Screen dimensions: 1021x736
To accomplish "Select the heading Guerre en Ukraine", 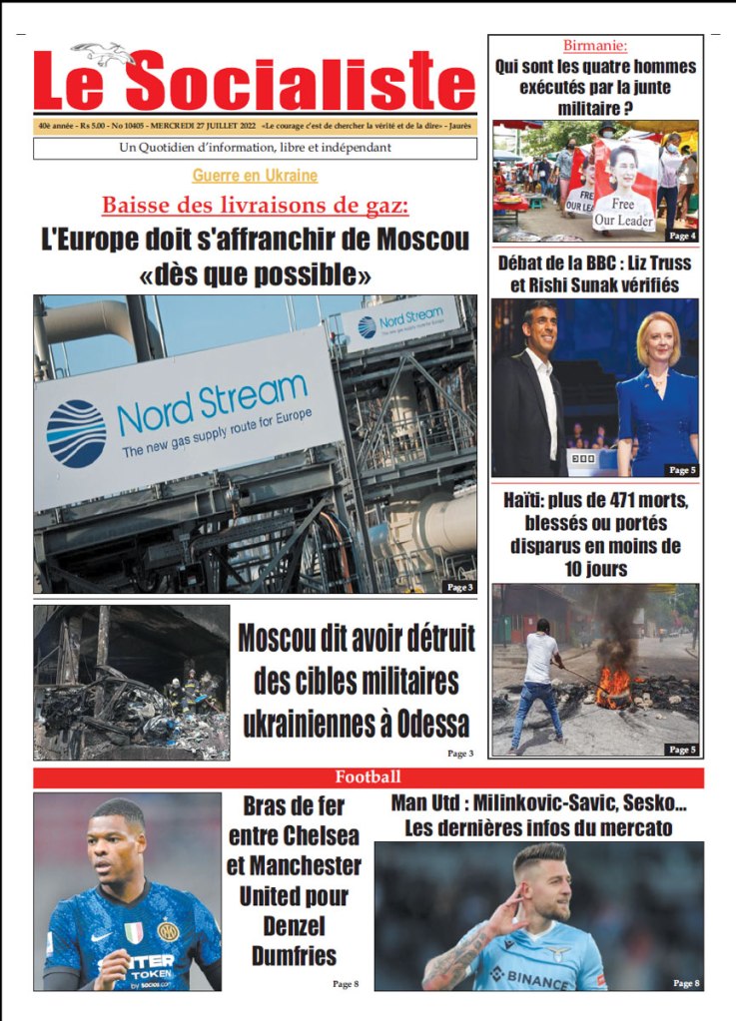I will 255,176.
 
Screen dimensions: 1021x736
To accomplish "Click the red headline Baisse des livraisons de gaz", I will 255,206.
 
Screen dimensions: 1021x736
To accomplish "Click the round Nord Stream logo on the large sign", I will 76,433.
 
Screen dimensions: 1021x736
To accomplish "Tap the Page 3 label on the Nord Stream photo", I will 459,587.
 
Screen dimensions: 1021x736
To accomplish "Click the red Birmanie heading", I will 595,45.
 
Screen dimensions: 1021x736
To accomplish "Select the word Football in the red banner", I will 368,776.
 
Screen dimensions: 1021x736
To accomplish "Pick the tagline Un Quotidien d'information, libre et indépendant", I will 255,149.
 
